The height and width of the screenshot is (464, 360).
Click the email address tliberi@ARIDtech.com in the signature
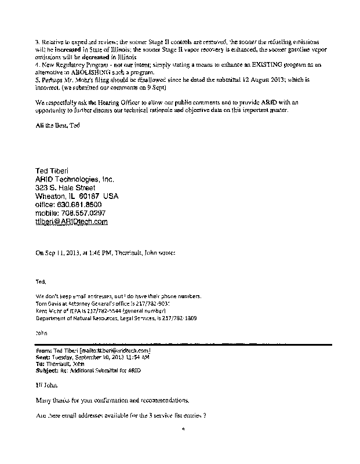(72, 222)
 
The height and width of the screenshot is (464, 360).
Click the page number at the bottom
(182, 430)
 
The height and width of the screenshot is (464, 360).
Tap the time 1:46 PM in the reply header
(118, 252)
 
